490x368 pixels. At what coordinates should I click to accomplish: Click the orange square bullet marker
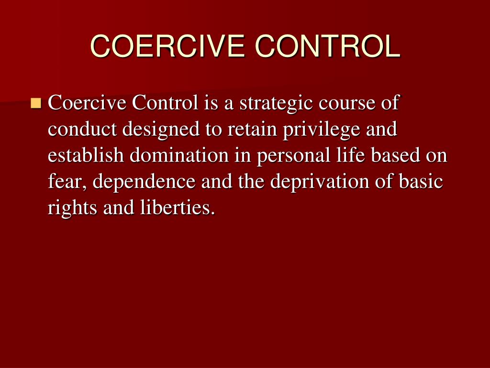[36, 103]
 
